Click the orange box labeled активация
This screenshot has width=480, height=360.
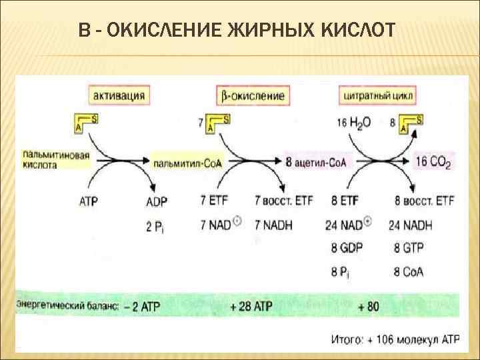tap(119, 95)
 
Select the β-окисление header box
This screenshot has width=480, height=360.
tap(250, 95)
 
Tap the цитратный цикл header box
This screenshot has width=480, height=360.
tap(378, 95)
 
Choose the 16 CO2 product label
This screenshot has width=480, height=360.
tap(433, 162)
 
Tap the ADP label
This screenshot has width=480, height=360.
tap(157, 199)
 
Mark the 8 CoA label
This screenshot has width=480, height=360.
tap(408, 271)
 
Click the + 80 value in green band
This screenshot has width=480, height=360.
tap(369, 306)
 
